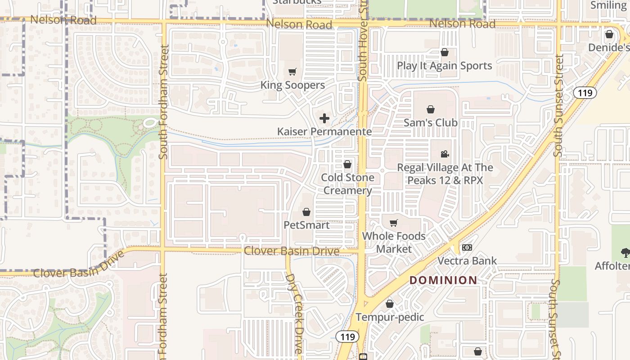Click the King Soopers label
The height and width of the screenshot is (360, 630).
tap(292, 85)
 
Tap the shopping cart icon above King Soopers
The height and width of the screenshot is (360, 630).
tap(292, 72)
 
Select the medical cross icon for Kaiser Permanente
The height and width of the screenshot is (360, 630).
tap(324, 118)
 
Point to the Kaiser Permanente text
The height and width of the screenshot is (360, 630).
tap(324, 131)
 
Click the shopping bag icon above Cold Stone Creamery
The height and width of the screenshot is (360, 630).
tap(347, 164)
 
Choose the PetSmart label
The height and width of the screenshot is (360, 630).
tap(306, 225)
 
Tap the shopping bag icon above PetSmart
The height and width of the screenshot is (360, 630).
tap(306, 211)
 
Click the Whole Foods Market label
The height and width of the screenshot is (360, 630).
tap(394, 242)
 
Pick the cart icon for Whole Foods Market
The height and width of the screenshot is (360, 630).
tap(394, 223)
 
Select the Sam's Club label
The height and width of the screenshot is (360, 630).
tap(430, 122)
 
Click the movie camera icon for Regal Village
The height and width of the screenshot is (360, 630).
tap(445, 154)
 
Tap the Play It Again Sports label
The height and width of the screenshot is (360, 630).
tap(444, 66)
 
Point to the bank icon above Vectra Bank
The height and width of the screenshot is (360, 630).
tap(467, 247)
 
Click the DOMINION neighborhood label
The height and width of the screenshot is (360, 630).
tap(443, 280)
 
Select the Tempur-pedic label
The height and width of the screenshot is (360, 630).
tap(390, 317)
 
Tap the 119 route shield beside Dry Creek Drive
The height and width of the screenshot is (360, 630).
tap(347, 337)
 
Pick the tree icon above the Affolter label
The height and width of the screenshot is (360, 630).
tap(625, 252)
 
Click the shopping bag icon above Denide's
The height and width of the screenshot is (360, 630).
tap(609, 34)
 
